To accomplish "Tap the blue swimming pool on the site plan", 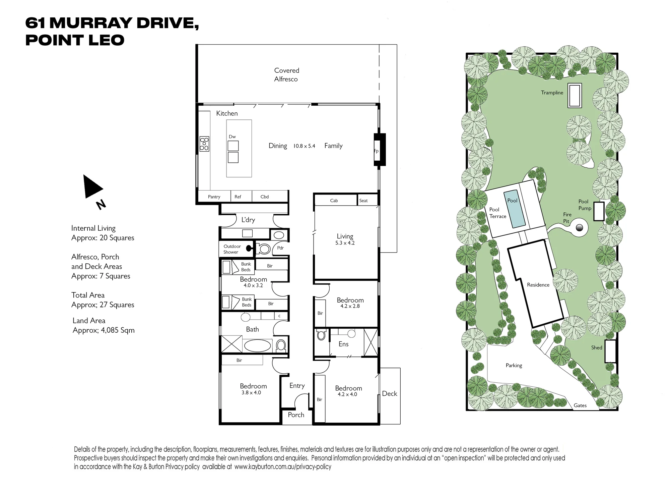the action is click(x=514, y=209).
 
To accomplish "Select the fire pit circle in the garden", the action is click(x=579, y=228).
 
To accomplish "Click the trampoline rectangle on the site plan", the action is click(x=575, y=96).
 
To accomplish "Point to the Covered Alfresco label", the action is click(x=286, y=75).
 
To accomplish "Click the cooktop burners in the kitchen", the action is click(x=204, y=144).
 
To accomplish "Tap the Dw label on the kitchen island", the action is click(x=232, y=137).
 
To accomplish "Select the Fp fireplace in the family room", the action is click(x=380, y=150).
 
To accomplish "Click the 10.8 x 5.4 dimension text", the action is click(x=304, y=146).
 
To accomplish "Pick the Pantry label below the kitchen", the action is click(x=214, y=197).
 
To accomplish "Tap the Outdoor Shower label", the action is click(x=232, y=249).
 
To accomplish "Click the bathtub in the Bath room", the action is click(x=257, y=345).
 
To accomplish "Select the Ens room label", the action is click(x=343, y=344).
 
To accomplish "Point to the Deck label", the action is click(x=390, y=394).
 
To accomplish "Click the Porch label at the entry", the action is click(x=296, y=415).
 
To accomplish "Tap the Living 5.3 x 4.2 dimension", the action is click(x=345, y=243).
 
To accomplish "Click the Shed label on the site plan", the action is click(x=597, y=347).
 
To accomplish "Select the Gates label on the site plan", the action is click(x=580, y=405).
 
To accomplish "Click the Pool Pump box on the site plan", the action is click(x=599, y=211).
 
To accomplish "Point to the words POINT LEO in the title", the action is click(x=75, y=40).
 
